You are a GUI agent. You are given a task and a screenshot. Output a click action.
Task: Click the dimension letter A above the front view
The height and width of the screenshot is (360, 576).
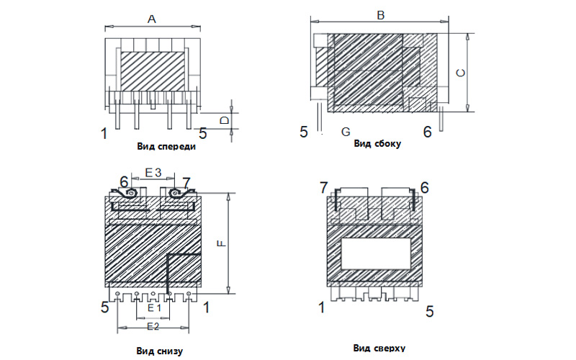coord(152,19)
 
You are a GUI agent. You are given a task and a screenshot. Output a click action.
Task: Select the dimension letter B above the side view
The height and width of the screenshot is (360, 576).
coord(381,15)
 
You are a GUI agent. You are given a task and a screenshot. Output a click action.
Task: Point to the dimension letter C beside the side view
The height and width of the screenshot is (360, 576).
coord(460,73)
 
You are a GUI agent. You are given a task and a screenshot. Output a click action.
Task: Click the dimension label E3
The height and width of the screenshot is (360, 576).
coord(153,172)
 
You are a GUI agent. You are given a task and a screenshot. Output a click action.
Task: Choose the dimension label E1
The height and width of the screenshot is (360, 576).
coord(154,308)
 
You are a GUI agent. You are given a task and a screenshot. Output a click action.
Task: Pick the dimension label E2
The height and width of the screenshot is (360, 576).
coord(153,326)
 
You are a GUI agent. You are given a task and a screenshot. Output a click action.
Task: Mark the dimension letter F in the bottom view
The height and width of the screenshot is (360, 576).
coord(222,243)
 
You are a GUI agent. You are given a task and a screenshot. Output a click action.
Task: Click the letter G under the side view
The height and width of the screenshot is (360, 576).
coord(346,132)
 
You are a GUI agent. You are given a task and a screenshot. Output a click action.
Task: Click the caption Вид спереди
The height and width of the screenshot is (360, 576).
coord(166,147)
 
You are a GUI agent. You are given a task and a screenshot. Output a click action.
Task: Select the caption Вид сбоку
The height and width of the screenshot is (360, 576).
coord(377,143)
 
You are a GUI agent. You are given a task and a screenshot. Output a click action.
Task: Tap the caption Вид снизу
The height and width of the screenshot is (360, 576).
coord(159,351)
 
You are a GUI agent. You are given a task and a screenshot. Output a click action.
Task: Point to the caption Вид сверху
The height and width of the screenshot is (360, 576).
coord(379,348)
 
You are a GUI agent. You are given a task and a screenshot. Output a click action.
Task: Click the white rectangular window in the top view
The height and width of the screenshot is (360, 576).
coord(376,253)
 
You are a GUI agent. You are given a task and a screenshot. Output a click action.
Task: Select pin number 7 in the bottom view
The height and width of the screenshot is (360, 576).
coord(186,183)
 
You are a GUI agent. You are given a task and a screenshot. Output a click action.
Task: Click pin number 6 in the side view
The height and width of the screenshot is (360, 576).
coord(427,132)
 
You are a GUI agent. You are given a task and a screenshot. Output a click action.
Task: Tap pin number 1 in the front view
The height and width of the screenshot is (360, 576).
coord(104,133)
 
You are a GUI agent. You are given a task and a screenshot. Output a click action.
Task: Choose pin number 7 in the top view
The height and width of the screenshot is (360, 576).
coord(323,188)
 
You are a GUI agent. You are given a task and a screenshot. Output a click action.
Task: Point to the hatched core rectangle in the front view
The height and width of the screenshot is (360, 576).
coord(153,71)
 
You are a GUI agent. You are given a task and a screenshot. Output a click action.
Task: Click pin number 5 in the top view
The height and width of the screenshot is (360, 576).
coord(429,312)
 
